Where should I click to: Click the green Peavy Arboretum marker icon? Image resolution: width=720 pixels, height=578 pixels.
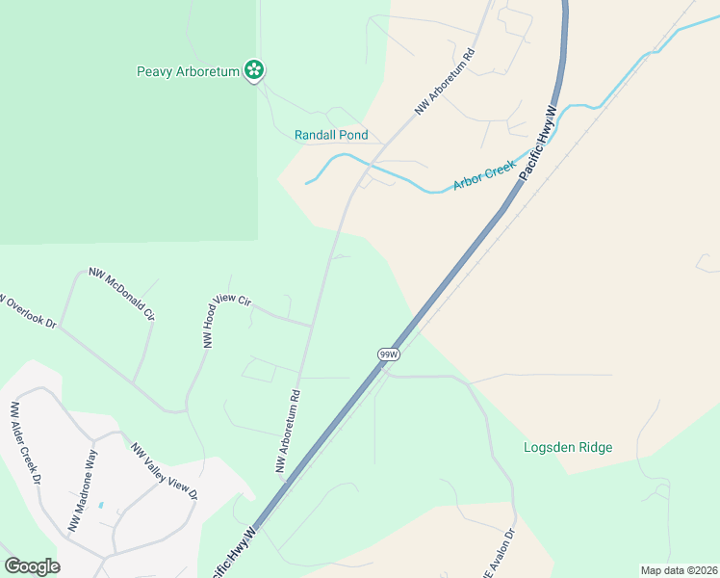click(x=254, y=69)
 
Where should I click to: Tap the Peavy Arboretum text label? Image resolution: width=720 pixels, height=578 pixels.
click(x=187, y=71)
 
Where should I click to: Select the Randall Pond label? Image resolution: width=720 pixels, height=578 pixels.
click(x=331, y=135)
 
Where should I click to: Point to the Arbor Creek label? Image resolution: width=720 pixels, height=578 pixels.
click(x=485, y=176)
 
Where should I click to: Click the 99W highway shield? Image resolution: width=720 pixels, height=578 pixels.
click(x=388, y=355)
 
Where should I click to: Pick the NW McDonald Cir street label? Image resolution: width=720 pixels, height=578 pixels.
click(x=122, y=294)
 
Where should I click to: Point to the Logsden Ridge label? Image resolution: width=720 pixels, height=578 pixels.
click(x=568, y=447)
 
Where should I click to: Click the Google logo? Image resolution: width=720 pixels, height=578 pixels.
click(x=32, y=566)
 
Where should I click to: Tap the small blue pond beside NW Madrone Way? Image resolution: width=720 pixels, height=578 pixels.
click(x=102, y=507)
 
